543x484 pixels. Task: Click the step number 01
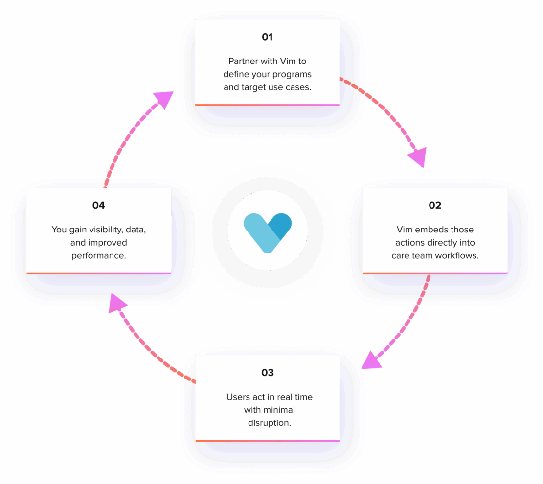tap(267, 37)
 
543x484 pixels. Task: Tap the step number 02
tap(435, 205)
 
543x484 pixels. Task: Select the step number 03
tap(267, 373)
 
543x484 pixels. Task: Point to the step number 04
tap(99, 205)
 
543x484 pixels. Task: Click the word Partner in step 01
tap(243, 62)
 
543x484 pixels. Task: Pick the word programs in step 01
tap(292, 75)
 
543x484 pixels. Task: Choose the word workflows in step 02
tap(455, 255)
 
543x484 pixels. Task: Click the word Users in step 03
tap(238, 397)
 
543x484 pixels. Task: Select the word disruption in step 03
tap(270, 423)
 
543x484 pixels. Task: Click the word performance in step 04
tap(99, 255)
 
